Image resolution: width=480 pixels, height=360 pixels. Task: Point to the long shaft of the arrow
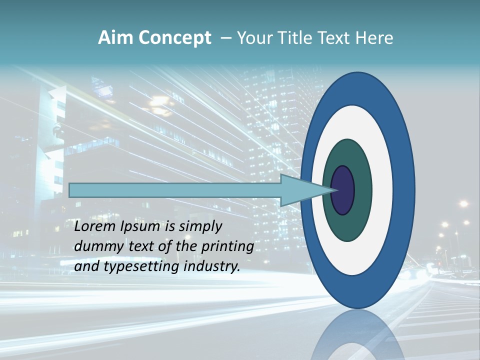(175, 190)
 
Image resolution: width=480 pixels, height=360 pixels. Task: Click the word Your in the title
(253, 38)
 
